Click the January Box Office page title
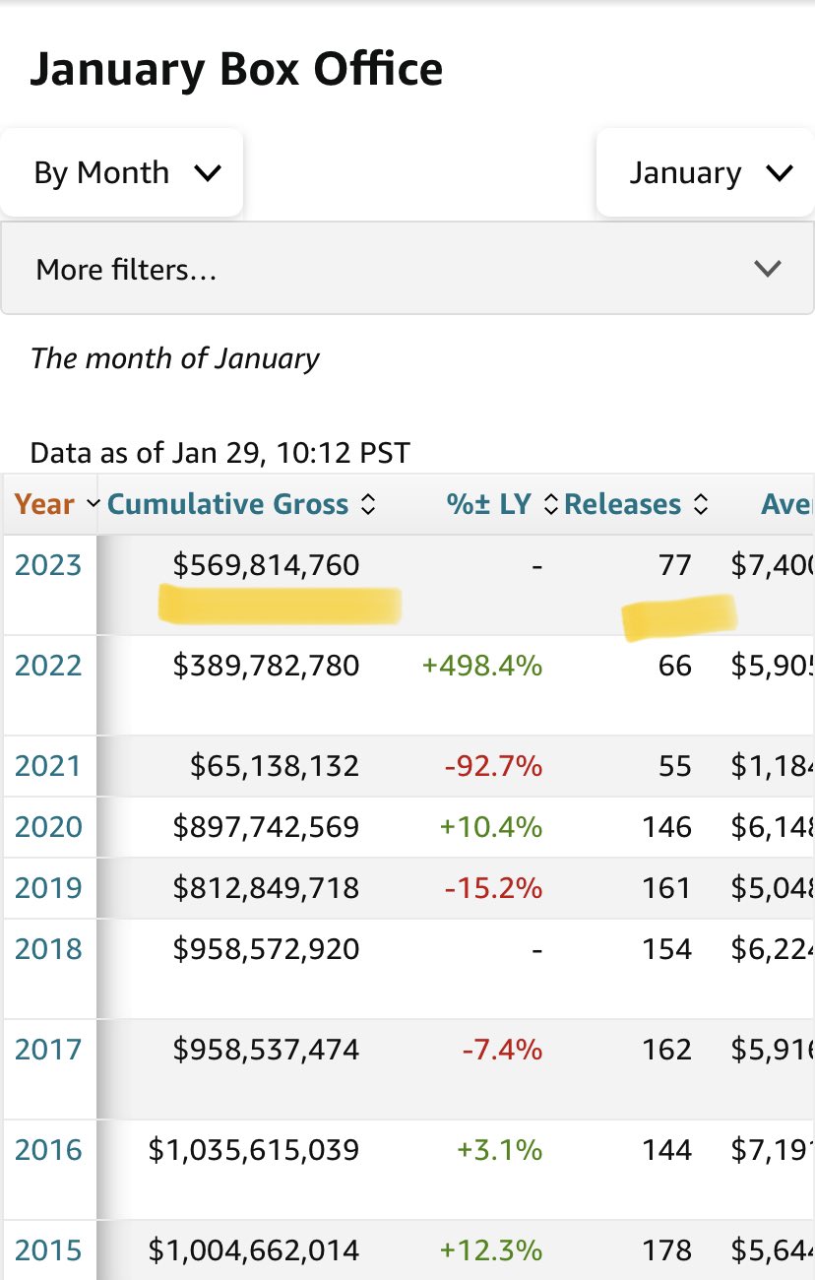pyautogui.click(x=236, y=70)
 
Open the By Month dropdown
pyautogui.click(x=122, y=173)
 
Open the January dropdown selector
pyautogui.click(x=706, y=173)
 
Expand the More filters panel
pyautogui.click(x=407, y=269)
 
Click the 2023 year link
pyautogui.click(x=47, y=565)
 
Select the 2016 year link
pyautogui.click(x=47, y=1150)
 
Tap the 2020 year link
pyautogui.click(x=47, y=827)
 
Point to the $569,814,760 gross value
pyautogui.click(x=266, y=565)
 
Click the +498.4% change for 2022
pyautogui.click(x=482, y=666)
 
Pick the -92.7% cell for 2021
pyautogui.click(x=493, y=766)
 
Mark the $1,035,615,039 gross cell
pyautogui.click(x=254, y=1150)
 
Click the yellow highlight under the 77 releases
pyautogui.click(x=679, y=616)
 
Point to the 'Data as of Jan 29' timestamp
pyautogui.click(x=219, y=453)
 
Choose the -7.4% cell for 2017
pyautogui.click(x=502, y=1050)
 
